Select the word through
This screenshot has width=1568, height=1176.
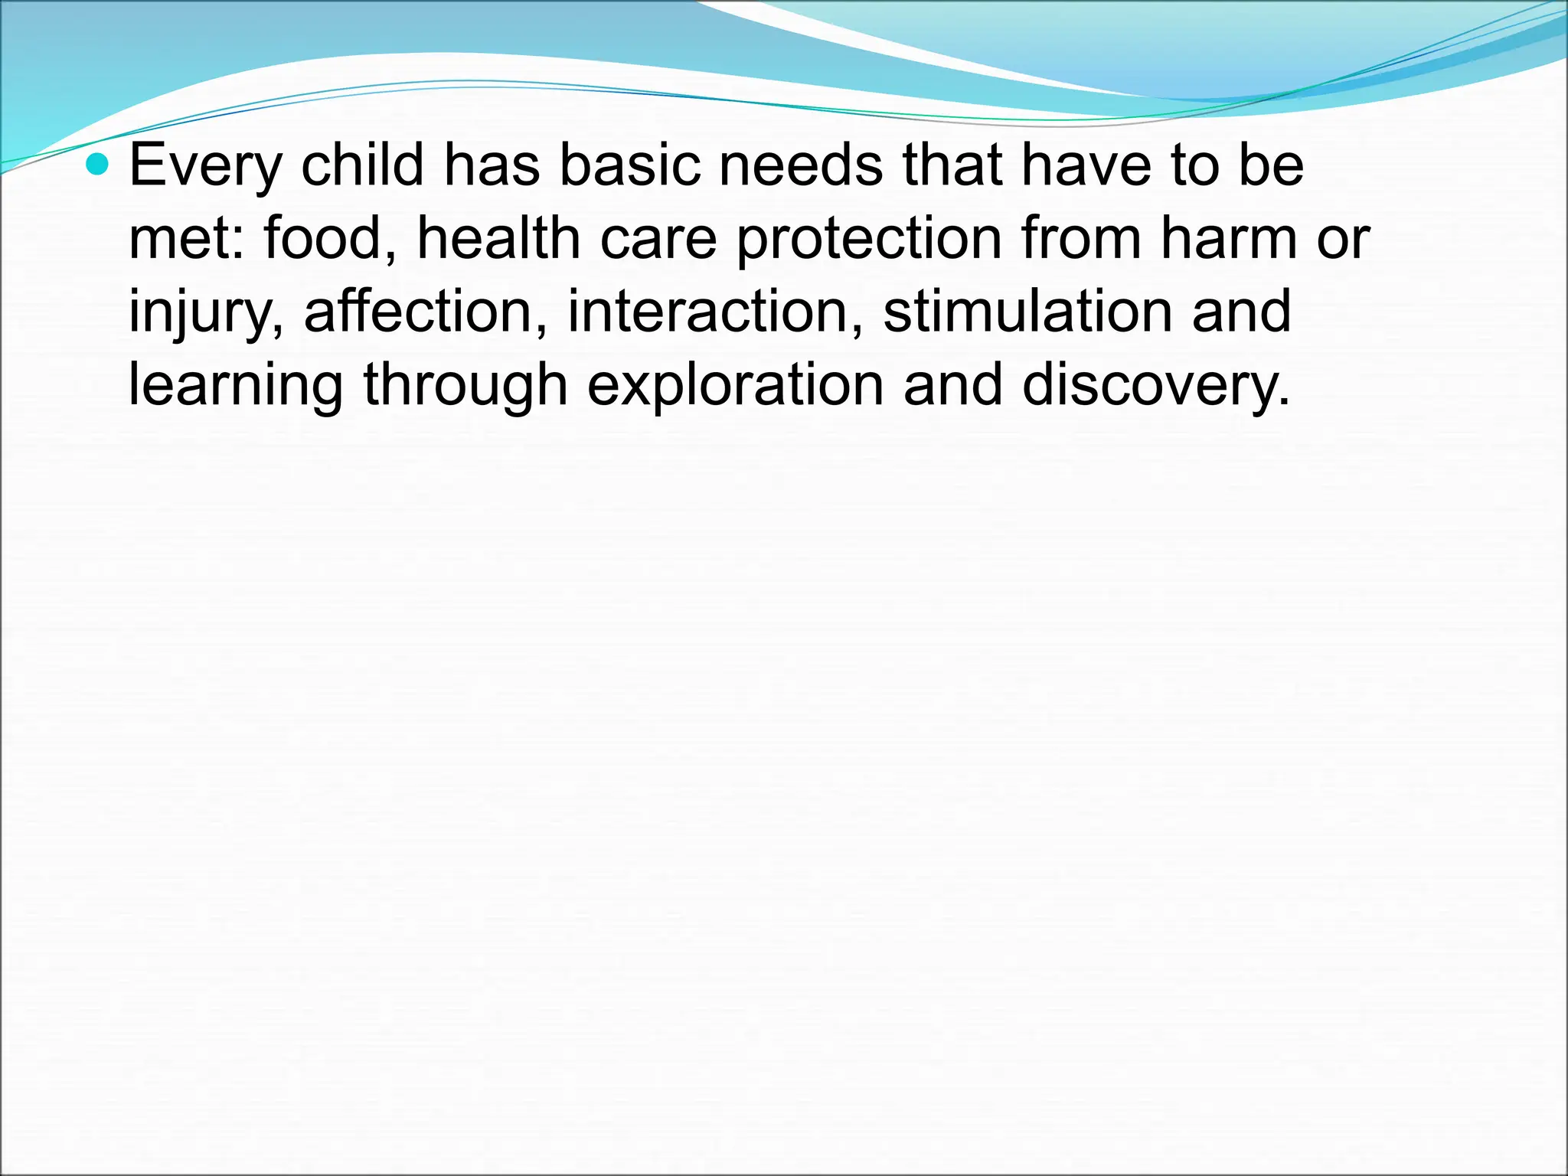[x=465, y=385]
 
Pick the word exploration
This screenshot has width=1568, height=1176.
[x=735, y=385]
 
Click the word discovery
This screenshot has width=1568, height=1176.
[x=1156, y=385]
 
